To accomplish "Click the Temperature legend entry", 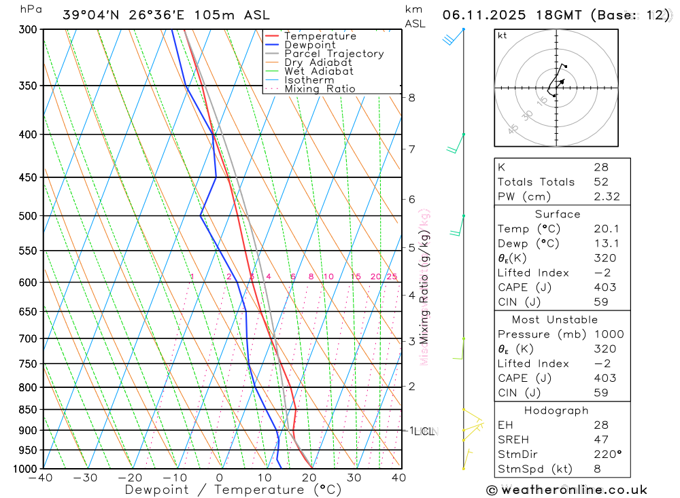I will [320, 36].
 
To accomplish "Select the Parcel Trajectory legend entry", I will [334, 54].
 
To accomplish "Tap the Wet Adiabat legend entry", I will [319, 71].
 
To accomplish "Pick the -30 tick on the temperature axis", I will [86, 478].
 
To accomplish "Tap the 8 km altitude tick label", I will [411, 97].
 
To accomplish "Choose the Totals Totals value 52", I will [601, 181].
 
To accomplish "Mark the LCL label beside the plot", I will [424, 431].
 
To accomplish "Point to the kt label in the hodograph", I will [503, 35].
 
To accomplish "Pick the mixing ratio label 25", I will [392, 277].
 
